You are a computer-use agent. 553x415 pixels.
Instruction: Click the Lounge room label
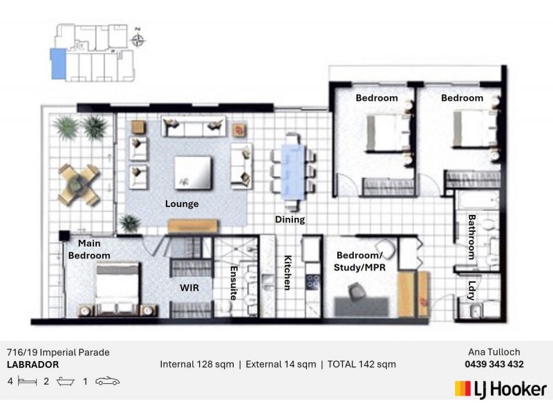(x=182, y=204)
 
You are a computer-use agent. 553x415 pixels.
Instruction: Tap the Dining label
(x=290, y=219)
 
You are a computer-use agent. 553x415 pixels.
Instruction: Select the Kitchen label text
(x=288, y=273)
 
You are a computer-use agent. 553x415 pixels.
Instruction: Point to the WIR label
(x=189, y=288)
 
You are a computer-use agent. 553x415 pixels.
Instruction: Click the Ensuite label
(x=234, y=283)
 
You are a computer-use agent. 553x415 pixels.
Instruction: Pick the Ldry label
(x=472, y=290)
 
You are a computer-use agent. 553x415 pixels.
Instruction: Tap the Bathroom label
(x=471, y=237)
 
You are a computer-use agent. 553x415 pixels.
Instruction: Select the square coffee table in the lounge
(x=194, y=172)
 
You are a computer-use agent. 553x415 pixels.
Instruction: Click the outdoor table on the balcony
(x=79, y=184)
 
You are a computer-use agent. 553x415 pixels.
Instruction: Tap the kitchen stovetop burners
(x=313, y=282)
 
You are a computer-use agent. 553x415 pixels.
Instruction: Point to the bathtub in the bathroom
(x=477, y=200)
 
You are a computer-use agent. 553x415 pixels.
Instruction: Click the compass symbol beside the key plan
(x=138, y=40)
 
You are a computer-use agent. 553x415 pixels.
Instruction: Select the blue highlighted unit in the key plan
(x=58, y=64)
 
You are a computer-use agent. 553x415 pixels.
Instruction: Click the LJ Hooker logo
(x=500, y=389)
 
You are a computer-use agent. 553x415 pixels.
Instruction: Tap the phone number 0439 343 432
(x=494, y=365)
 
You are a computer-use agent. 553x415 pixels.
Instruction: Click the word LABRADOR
(x=32, y=365)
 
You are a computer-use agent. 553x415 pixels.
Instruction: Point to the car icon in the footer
(x=108, y=382)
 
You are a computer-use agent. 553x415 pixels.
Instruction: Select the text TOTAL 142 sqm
(x=362, y=365)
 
